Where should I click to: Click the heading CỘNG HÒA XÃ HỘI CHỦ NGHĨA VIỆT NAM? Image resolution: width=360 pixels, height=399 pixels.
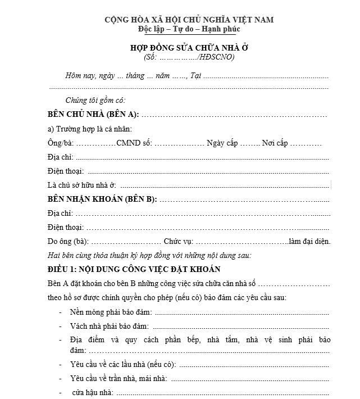click(x=189, y=20)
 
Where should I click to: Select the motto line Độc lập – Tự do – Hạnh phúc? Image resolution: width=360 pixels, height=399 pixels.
click(x=189, y=29)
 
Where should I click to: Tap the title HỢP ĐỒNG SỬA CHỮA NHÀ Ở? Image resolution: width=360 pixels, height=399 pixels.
click(x=189, y=48)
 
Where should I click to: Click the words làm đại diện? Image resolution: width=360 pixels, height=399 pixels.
click(x=309, y=242)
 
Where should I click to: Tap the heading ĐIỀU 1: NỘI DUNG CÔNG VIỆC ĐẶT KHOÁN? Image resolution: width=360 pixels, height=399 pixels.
click(x=134, y=269)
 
